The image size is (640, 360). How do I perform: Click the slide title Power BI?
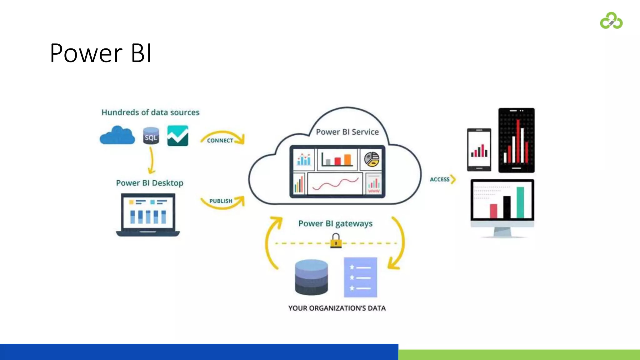tap(101, 53)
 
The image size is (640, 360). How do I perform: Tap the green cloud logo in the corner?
tap(611, 21)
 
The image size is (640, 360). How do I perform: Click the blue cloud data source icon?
tap(117, 136)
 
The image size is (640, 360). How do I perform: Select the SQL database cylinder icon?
tap(151, 136)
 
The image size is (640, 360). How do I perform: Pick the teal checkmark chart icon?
tap(178, 136)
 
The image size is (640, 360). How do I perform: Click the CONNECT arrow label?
tap(220, 141)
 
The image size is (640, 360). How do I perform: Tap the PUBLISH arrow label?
tap(221, 201)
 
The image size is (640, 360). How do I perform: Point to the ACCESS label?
tap(439, 179)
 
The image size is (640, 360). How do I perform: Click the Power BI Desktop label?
tap(149, 183)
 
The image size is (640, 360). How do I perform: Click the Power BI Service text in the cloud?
tap(347, 132)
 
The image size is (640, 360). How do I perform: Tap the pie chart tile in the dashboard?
tap(371, 159)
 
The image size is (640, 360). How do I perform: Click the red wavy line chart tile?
tap(335, 184)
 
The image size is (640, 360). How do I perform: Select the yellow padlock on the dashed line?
tap(336, 241)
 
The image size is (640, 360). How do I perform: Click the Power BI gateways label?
tap(335, 223)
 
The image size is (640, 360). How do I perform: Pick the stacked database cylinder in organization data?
tap(311, 277)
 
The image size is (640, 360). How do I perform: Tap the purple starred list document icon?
tap(360, 277)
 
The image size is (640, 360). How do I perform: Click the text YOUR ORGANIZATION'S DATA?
tap(337, 308)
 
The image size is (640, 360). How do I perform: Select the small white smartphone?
tap(479, 150)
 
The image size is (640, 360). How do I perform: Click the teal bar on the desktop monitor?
tap(520, 202)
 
